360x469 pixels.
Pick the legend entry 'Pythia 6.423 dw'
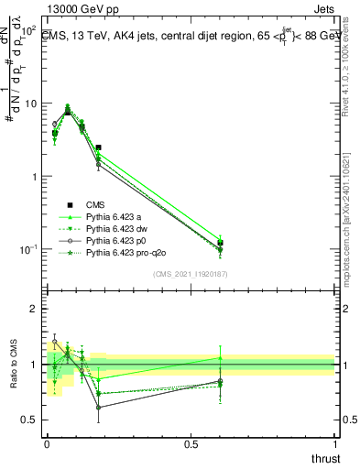coord(115,228)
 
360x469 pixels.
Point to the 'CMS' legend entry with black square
coord(95,204)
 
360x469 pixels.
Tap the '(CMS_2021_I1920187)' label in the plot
coord(191,274)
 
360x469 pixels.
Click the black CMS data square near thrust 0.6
coord(220,243)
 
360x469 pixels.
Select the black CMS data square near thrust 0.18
coord(98,147)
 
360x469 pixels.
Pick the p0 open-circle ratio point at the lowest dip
coord(98,408)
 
